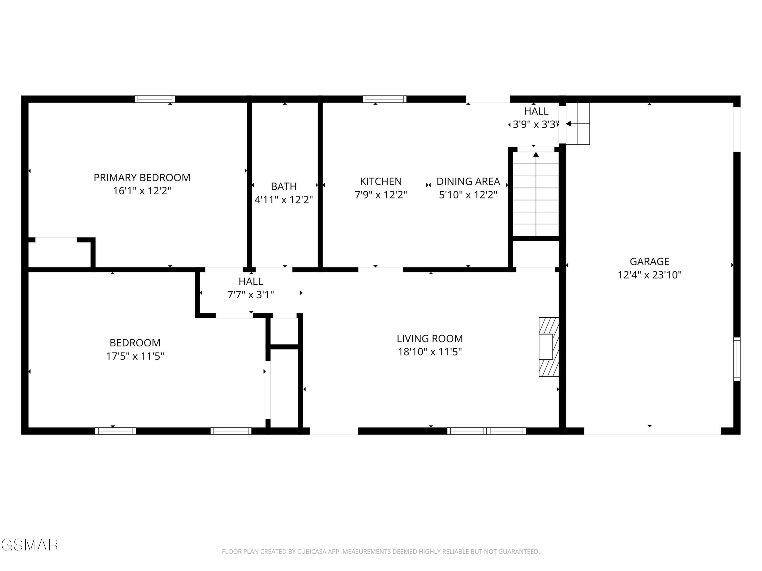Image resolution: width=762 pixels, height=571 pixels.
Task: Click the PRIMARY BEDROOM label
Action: coord(142,178)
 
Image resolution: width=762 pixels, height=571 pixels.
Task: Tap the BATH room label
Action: coord(284,186)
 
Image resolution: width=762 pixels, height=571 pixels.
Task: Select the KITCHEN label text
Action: coord(381,181)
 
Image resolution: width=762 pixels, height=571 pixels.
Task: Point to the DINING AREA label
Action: coord(468,181)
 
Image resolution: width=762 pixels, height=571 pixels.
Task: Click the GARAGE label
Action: coord(649,262)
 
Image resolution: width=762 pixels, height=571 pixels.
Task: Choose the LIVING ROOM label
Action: coord(430,339)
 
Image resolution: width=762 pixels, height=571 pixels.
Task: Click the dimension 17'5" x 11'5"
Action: coord(135,356)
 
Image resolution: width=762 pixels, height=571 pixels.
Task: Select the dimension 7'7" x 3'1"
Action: coord(250,295)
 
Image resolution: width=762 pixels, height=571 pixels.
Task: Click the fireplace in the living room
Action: coord(549,347)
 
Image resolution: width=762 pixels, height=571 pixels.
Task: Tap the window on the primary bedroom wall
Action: coord(155,99)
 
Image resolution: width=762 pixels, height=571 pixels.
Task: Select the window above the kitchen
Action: coord(385,99)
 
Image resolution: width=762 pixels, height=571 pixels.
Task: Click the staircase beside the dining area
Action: coord(536,194)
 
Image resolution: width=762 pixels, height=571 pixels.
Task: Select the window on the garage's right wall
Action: coord(737,359)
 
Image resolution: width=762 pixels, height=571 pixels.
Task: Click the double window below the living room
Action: coord(486,431)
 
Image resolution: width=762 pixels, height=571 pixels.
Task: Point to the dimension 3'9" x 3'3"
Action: coord(534,124)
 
